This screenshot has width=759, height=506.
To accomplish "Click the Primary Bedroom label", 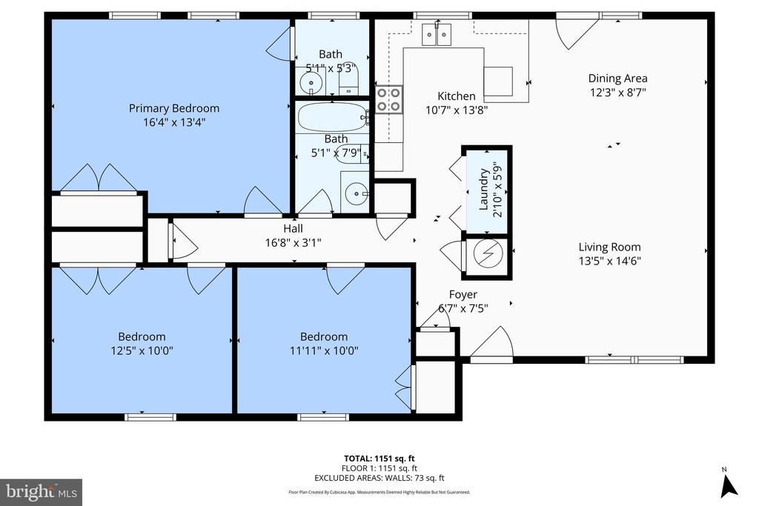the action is pyautogui.click(x=173, y=108).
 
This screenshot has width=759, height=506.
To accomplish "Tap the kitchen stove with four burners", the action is pyautogui.click(x=389, y=99).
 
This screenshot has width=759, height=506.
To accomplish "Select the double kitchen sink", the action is pyautogui.click(x=437, y=34).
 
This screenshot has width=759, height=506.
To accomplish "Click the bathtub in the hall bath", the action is pyautogui.click(x=333, y=117).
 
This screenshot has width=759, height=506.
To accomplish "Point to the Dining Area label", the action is pyautogui.click(x=617, y=79).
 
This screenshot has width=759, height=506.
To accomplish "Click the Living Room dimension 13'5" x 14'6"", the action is pyautogui.click(x=609, y=262).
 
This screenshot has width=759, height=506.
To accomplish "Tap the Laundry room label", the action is pyautogui.click(x=483, y=190).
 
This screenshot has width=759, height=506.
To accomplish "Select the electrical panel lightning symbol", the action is pyautogui.click(x=488, y=253).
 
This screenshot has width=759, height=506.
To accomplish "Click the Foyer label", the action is pyautogui.click(x=463, y=295).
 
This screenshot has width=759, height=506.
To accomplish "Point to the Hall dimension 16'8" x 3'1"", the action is pyautogui.click(x=294, y=242).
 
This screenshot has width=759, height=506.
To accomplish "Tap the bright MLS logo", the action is pyautogui.click(x=42, y=493).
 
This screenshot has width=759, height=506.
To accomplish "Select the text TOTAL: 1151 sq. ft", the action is pyautogui.click(x=379, y=459).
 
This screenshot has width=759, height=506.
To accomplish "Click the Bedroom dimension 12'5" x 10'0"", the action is pyautogui.click(x=142, y=350).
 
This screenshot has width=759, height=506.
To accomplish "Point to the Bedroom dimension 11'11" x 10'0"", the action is pyautogui.click(x=324, y=350).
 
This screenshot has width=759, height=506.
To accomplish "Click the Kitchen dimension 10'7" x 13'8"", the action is pyautogui.click(x=457, y=110).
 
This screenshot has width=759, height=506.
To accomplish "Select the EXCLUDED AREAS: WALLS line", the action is pyautogui.click(x=379, y=479).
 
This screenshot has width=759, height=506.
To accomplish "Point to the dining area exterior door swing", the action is pyautogui.click(x=576, y=31).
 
